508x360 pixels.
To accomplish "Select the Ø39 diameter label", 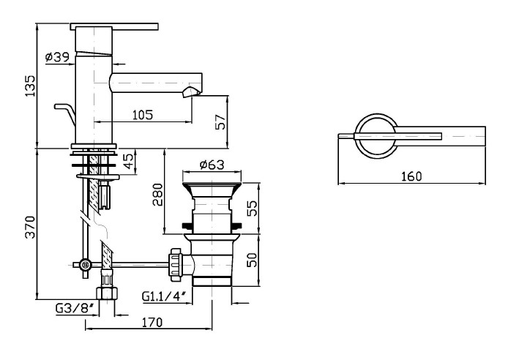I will pos(56,56).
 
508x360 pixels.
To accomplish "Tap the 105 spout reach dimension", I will pos(143,114).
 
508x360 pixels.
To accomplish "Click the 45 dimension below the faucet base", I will pos(129,161).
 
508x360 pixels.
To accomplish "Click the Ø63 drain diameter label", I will pos(210,165).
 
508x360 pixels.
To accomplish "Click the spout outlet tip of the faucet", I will pos(193,91).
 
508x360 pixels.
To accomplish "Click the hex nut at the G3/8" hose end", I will pos(108,292).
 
